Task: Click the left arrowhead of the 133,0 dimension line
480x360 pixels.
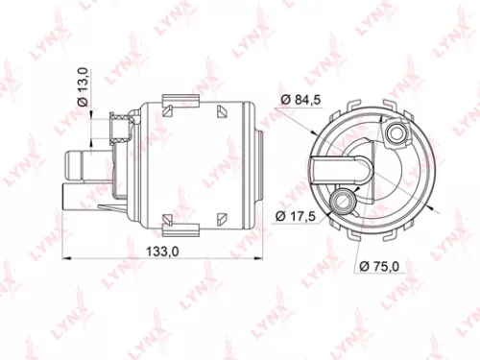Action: pos(65,258)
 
